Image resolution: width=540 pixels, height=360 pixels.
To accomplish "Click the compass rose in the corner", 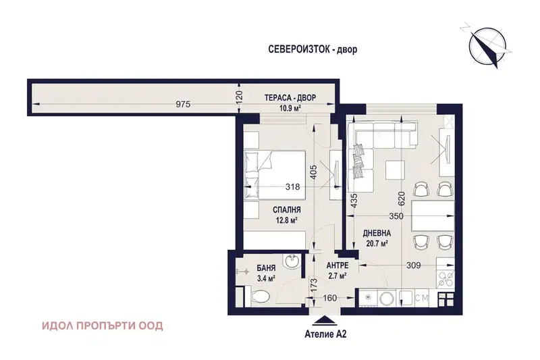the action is [x=487, y=46].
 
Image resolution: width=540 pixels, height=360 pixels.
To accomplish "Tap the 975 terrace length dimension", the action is [x=183, y=104].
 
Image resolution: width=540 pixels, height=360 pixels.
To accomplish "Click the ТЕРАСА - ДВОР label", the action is [x=290, y=98].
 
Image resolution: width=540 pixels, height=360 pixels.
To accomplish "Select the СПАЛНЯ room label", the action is [x=286, y=209].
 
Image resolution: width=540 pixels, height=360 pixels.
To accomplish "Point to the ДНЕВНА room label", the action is [x=377, y=233].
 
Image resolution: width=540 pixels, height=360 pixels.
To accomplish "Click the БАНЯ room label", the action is [x=266, y=267].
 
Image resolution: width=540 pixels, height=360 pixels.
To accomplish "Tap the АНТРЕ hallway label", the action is [x=337, y=265].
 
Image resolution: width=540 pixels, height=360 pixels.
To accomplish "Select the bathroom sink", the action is [x=293, y=261].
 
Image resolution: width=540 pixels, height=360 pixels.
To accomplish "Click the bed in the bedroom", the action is [x=275, y=175].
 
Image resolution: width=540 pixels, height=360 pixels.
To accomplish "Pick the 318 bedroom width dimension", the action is [x=292, y=186].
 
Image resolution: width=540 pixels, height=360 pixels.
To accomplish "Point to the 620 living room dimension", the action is [x=402, y=199].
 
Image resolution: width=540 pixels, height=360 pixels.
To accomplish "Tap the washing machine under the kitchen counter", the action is [x=387, y=298].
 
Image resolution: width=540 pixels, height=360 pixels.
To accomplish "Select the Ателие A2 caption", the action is [x=325, y=334].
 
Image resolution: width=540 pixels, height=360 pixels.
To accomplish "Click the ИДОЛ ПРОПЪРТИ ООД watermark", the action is [x=103, y=326].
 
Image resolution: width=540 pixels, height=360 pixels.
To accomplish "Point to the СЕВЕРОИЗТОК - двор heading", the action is [x=313, y=49].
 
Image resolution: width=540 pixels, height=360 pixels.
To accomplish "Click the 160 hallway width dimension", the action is [x=329, y=298].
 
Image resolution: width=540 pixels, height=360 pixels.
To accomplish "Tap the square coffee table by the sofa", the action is [x=395, y=170].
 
